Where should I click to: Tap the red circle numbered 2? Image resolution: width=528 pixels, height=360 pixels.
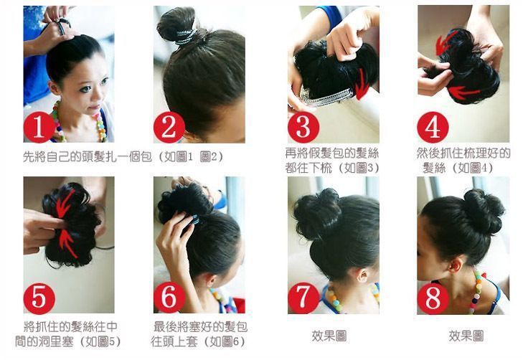[169, 128]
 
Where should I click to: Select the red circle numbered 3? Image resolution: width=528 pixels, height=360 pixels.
[303, 126]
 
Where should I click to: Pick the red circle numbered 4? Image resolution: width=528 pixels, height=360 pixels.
[433, 127]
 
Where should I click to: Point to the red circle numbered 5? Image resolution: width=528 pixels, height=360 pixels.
[39, 298]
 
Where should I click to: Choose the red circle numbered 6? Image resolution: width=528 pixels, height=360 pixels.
[169, 298]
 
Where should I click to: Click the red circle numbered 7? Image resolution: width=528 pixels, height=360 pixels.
[303, 298]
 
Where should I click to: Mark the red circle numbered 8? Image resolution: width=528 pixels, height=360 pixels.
[433, 298]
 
